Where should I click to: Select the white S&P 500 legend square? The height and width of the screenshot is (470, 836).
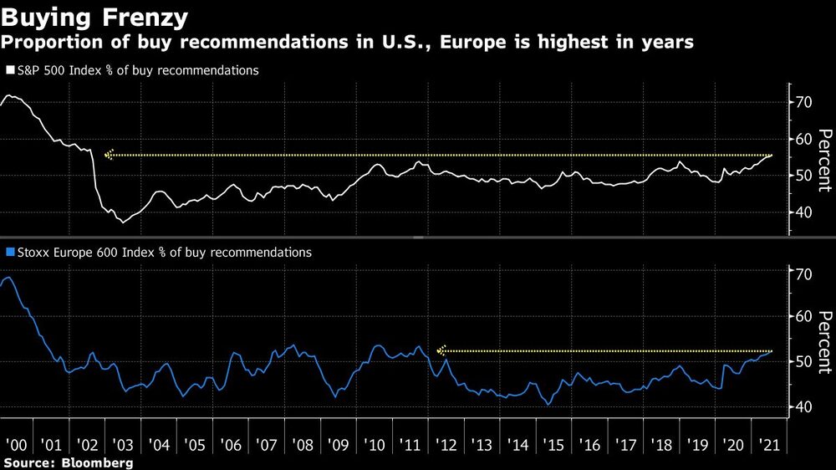click(9, 71)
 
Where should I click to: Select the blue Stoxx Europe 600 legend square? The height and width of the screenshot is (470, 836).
click(9, 252)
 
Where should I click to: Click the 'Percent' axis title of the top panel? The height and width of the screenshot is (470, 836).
click(823, 159)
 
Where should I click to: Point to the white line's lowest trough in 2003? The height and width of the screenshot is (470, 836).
click(124, 222)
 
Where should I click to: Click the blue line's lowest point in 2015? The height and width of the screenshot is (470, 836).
click(548, 405)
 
